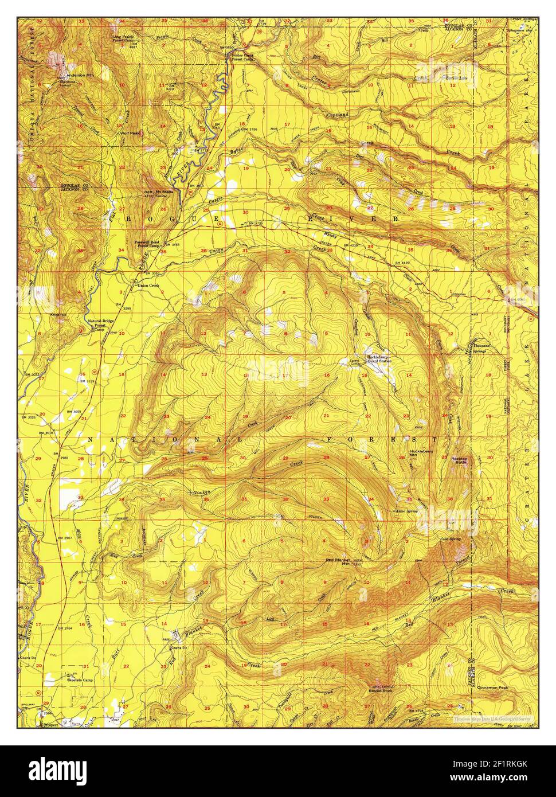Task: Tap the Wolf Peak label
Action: tap(130, 133)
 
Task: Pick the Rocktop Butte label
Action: tap(460, 460)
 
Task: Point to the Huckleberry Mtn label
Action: tap(421, 453)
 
